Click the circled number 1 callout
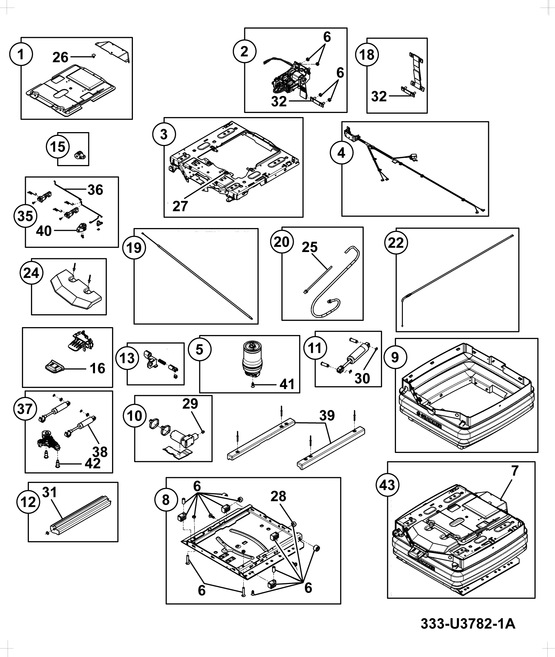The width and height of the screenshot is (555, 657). pos(21,55)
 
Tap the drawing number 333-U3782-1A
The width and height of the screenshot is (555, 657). pos(468,624)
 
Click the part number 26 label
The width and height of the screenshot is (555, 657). pos(61,57)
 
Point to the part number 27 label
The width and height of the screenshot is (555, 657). pos(180,206)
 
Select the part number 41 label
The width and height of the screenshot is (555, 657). pos(287,384)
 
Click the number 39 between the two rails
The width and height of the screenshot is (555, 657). pos(327,415)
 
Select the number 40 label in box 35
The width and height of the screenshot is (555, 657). pos(44,231)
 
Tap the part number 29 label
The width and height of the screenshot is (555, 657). pos(190,403)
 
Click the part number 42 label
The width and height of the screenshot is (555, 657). pos(93,463)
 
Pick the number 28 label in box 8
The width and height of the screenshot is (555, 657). pos(278,496)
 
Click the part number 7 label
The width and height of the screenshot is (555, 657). pos(515,471)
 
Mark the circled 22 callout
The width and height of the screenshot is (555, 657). pos(396,242)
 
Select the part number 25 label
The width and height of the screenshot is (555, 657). pos(310,247)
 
